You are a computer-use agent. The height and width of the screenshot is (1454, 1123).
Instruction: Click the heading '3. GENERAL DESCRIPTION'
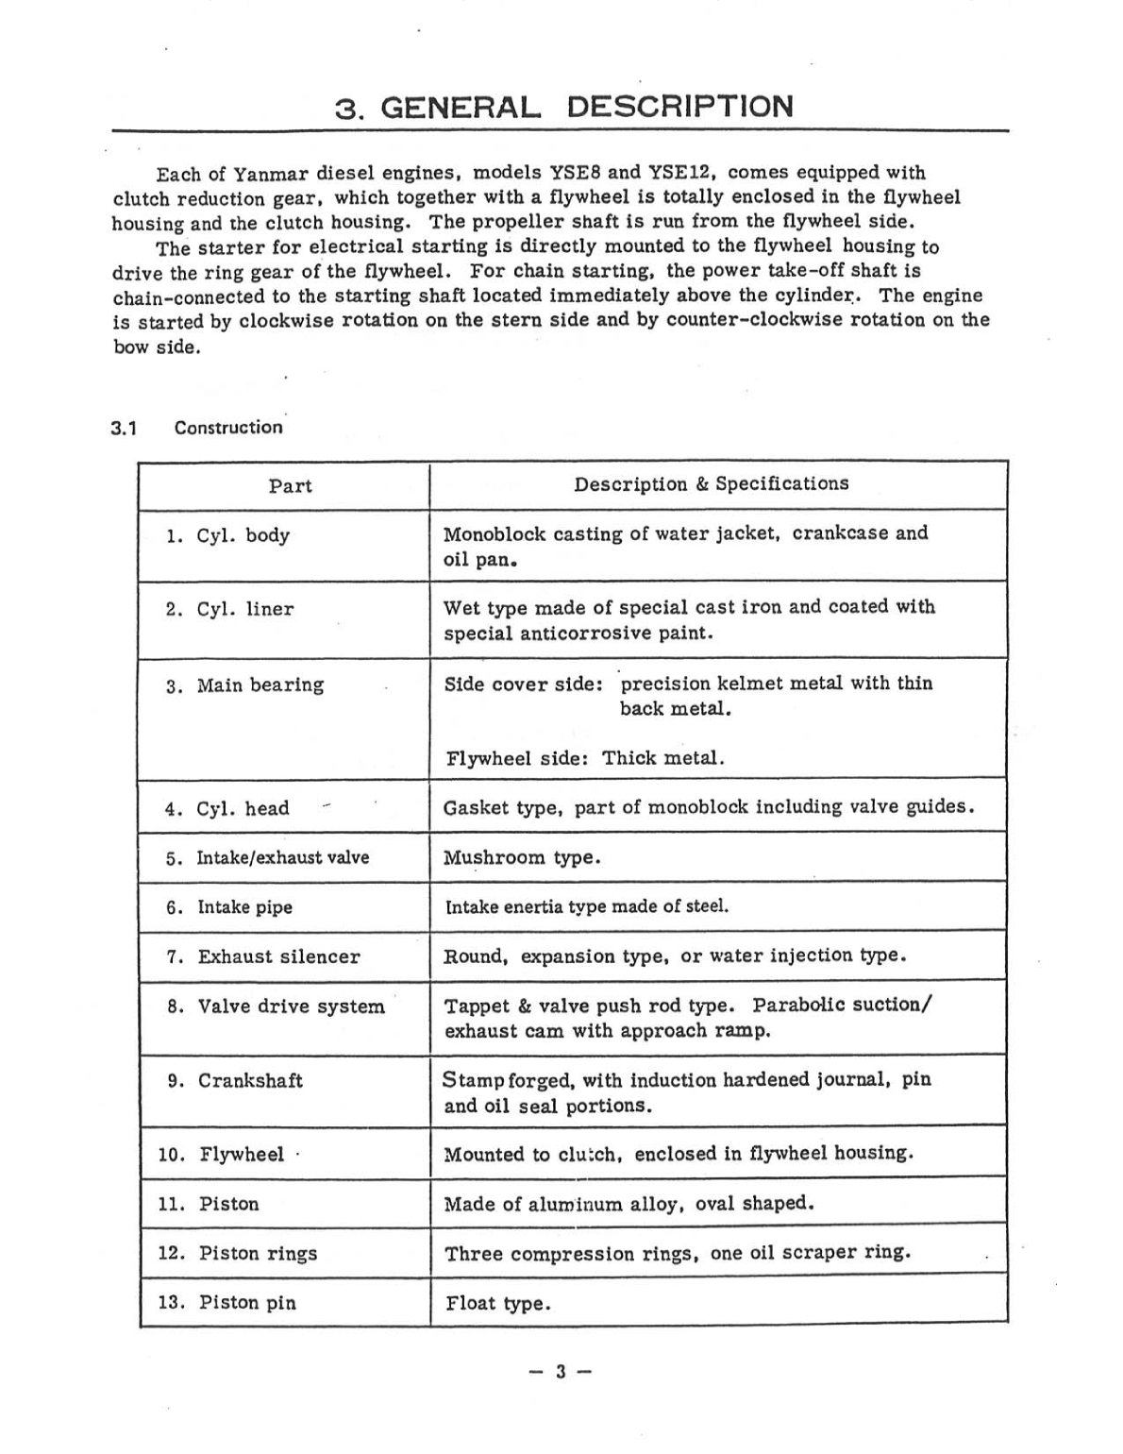point(564,107)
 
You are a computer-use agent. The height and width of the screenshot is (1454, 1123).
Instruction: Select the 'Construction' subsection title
point(227,428)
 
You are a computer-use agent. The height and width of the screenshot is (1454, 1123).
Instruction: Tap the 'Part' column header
point(290,486)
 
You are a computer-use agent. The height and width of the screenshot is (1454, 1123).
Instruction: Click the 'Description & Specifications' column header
point(711,484)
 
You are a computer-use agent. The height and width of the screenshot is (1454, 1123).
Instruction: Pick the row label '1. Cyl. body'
point(227,536)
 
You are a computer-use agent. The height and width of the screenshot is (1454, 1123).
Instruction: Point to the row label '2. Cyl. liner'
point(229,610)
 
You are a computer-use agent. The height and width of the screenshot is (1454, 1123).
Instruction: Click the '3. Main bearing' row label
point(244,685)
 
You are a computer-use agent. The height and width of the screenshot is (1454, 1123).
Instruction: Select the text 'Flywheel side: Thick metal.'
point(584,758)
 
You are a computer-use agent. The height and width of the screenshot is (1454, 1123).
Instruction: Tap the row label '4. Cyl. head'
point(226,809)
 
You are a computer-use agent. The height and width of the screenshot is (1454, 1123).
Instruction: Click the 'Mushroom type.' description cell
point(522,858)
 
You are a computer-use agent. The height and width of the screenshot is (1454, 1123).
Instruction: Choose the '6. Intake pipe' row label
point(229,907)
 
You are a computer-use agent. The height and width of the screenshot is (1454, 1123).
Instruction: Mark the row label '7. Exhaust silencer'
point(263,957)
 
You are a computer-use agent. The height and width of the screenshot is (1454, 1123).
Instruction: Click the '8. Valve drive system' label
point(276,1006)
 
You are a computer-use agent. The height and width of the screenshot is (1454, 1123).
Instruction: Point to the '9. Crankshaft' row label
point(235,1081)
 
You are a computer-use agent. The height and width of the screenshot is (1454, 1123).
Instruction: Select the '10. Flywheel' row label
point(221,1155)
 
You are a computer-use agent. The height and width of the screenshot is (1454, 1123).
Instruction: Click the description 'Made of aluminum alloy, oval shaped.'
point(629,1204)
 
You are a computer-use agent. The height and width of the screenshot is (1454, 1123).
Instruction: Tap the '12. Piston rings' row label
point(237,1254)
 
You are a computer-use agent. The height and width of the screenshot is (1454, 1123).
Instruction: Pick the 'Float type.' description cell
point(497,1304)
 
